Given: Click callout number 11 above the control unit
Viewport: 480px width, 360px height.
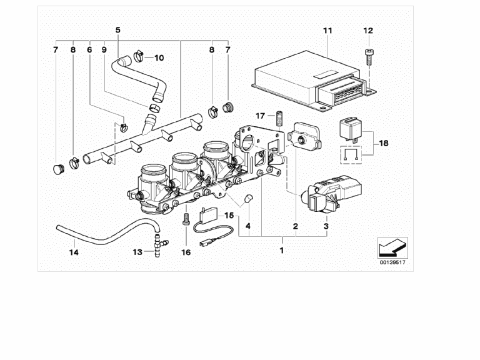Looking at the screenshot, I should click(x=328, y=31).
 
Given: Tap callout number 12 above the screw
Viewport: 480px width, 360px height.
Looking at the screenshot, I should click(x=367, y=31).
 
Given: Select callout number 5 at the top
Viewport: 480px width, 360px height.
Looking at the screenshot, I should click(x=118, y=30).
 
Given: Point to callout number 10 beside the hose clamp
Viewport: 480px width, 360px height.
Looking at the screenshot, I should click(x=159, y=58).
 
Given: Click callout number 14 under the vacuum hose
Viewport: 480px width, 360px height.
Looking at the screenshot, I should click(x=74, y=252).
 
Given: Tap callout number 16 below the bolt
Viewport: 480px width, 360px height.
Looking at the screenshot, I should click(x=185, y=252).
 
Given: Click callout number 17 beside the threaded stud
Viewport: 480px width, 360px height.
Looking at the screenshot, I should click(x=261, y=116).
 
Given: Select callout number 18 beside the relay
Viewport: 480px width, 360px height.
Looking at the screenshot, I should click(x=383, y=143).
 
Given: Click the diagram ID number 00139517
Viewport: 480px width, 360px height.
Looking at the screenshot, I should click(x=392, y=263).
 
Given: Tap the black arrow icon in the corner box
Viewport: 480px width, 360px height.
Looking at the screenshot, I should click(x=392, y=248).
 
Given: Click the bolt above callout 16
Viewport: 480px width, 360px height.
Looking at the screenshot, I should click(x=185, y=221).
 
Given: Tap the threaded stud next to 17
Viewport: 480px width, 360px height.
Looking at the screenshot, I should click(x=281, y=117).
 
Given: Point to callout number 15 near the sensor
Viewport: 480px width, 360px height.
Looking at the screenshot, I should click(x=229, y=215).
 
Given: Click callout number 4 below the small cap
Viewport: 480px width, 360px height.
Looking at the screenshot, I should click(x=248, y=225).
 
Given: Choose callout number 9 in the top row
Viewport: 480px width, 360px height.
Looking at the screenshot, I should click(x=104, y=49).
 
